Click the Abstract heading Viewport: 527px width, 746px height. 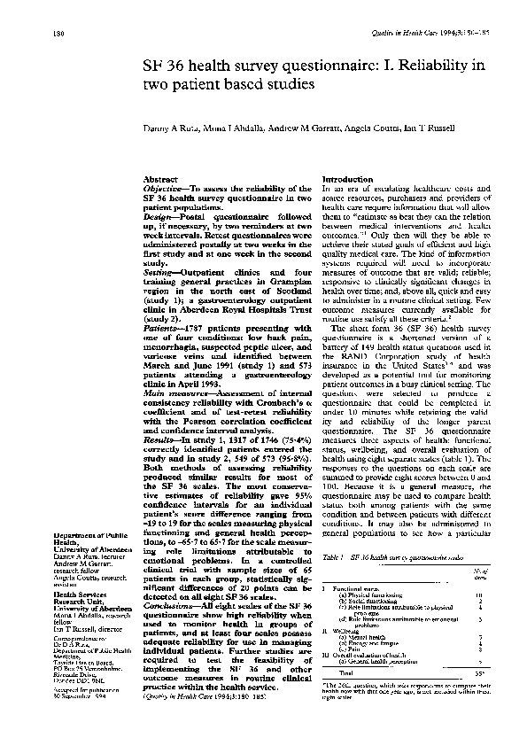coord(160,178)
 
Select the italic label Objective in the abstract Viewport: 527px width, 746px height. coord(165,189)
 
